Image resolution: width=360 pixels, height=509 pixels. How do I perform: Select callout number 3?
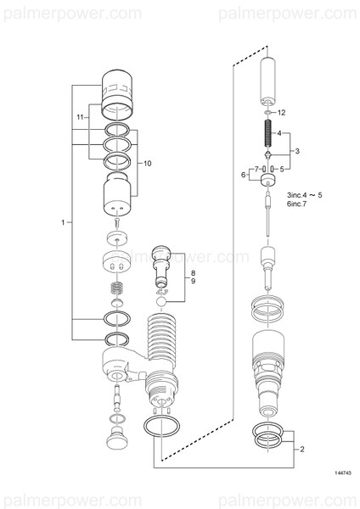296,150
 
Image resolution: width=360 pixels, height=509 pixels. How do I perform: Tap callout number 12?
282,112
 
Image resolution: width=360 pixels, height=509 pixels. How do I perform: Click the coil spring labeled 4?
267,131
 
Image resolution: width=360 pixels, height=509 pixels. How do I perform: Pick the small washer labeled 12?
267,112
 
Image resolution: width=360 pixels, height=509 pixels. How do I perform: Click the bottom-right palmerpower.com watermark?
289,497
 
